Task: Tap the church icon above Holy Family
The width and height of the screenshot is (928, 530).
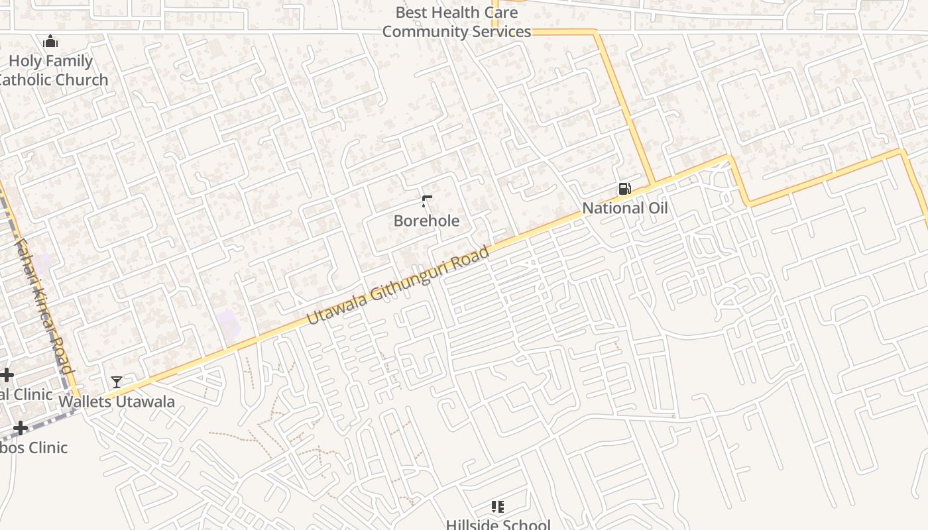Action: [50, 42]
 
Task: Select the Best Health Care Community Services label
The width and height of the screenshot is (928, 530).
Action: [457, 22]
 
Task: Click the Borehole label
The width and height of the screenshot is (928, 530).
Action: [426, 221]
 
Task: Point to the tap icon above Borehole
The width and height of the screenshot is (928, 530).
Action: [427, 201]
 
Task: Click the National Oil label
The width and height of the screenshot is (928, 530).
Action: [624, 208]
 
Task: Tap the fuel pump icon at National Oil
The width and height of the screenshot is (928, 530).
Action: [624, 189]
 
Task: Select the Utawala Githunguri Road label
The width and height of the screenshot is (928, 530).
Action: [398, 286]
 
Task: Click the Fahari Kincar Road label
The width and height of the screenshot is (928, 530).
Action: [43, 306]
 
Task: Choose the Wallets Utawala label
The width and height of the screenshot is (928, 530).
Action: [117, 401]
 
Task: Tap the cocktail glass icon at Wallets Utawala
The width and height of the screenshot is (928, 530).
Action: [117, 382]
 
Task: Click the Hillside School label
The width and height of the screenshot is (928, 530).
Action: [498, 525]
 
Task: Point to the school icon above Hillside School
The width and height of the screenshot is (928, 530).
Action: [498, 507]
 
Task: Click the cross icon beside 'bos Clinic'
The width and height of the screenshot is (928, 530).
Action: [21, 428]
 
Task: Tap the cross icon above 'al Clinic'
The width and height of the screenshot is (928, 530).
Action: [7, 376]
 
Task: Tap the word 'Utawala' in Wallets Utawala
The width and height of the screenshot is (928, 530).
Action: [143, 401]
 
